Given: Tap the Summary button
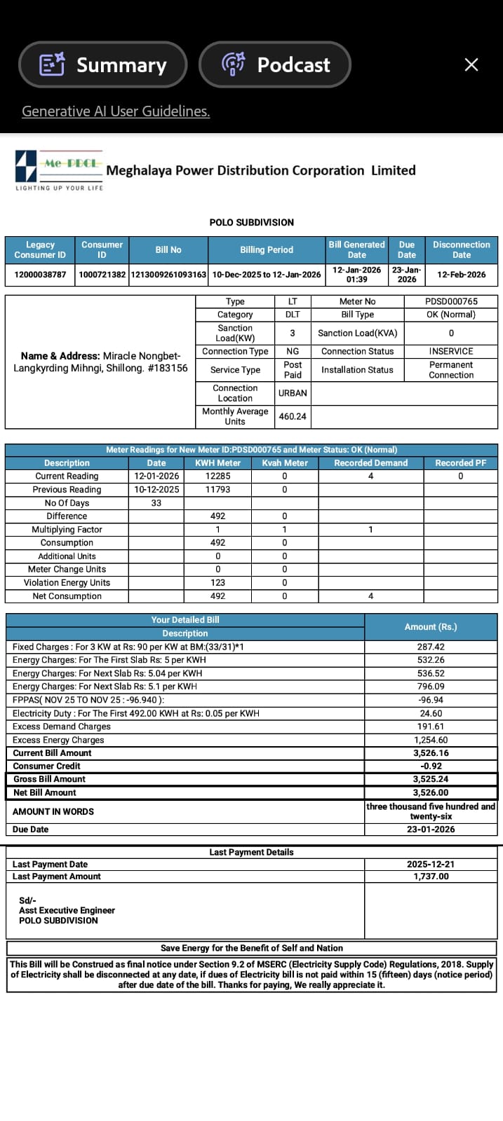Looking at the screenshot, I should click(103, 65).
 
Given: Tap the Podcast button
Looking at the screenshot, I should click(275, 65).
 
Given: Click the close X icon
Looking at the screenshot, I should click(471, 65).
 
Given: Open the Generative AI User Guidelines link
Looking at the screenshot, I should click(116, 111).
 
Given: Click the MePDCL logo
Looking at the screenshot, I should click(59, 169).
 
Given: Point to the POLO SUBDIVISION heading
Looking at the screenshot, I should click(251, 222).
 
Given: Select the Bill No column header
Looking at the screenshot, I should click(168, 249).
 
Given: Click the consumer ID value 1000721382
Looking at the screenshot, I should click(102, 275).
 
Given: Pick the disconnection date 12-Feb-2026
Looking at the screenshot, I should click(461, 275).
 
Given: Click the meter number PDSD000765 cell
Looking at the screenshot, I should click(451, 301).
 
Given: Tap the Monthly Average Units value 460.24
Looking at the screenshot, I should click(293, 416).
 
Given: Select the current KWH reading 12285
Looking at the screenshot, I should click(217, 476).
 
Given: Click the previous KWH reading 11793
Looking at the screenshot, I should click(217, 490).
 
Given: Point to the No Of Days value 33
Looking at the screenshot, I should click(156, 503).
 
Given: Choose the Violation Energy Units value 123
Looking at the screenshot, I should click(217, 583).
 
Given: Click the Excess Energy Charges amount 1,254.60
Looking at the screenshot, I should click(431, 740).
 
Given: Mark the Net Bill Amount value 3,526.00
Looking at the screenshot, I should click(431, 793).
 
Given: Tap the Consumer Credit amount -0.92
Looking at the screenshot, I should click(431, 766).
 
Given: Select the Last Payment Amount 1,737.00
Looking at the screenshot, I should click(431, 876).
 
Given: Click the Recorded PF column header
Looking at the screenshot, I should click(460, 463).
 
